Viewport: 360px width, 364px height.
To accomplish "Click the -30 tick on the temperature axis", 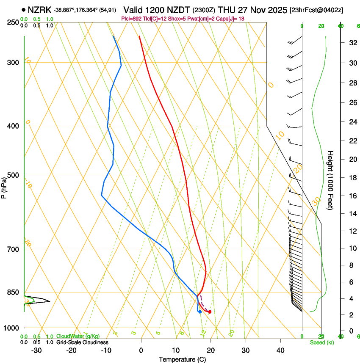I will [x=36, y=350].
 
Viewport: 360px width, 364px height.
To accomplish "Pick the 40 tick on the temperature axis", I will [x=280, y=350].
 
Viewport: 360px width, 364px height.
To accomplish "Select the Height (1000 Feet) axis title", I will [x=331, y=180].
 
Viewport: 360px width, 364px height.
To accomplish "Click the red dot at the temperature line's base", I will [x=210, y=312].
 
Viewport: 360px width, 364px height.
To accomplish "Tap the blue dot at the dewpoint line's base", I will [x=199, y=312].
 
